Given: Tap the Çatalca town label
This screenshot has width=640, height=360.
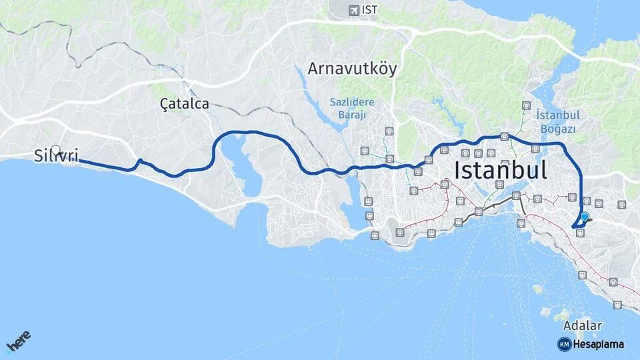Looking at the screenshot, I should tap(185, 104).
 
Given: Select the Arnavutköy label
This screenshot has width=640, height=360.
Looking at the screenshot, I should tap(352, 69).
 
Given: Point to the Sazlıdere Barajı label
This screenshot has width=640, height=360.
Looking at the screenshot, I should tap(352, 108).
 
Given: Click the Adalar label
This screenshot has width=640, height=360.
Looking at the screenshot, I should tap(582, 326).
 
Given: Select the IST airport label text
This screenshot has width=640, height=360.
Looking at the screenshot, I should tap(369, 10).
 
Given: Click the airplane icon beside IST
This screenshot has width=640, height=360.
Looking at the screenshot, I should tap(353, 10).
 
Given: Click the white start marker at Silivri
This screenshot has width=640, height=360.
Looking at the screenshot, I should tap(56, 150).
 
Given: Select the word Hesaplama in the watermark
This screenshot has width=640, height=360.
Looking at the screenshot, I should tap(599, 344).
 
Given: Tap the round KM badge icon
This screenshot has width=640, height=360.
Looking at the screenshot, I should tap(564, 344).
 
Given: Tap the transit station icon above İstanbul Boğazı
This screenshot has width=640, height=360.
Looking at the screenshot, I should tap(527, 105).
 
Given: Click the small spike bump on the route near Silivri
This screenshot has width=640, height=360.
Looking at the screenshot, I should tap(139, 161).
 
